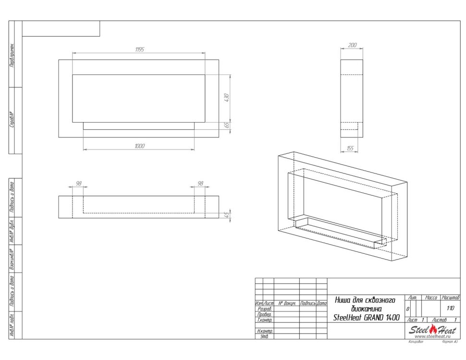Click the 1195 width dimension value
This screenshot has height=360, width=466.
139,50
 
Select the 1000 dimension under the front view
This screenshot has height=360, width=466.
139,146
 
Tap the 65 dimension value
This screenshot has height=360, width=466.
227,125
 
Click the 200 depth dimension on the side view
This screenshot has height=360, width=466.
352,45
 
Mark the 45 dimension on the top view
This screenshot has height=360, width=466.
227,214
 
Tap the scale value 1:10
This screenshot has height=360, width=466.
450,309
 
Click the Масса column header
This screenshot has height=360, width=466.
431,298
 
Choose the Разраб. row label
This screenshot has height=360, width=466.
265,309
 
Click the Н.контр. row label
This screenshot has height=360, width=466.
265,331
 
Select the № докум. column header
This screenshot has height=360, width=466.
286,304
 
